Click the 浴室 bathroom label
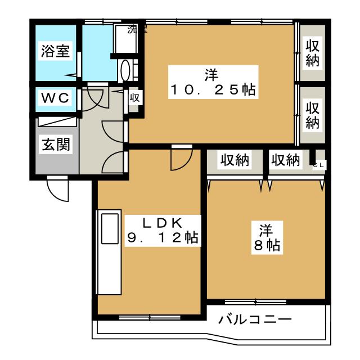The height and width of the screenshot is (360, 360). click(55, 51)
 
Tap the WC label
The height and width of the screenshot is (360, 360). click(55, 98)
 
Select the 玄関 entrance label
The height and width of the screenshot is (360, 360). click(55, 145)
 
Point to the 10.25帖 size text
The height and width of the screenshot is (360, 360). click(213, 89)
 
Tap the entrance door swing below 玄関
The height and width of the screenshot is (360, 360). click(57, 189)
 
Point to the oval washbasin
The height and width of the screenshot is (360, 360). click(125, 71)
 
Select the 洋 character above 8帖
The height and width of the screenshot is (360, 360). click(266, 230)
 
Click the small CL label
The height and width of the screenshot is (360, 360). click(319, 165)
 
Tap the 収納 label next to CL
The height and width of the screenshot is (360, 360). click(286, 160)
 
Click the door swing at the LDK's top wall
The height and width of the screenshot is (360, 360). click(180, 159)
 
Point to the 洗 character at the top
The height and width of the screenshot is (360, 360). click(133, 29)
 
